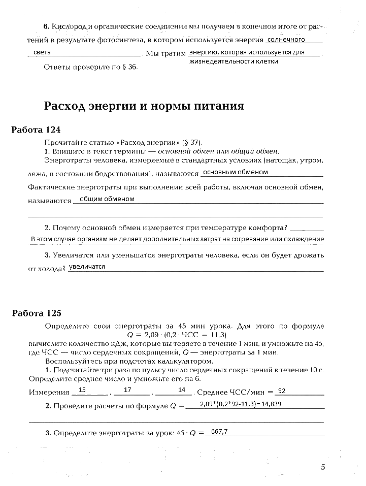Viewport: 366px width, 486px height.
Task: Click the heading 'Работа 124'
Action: tap(36, 129)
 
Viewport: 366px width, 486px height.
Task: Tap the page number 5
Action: tap(323, 467)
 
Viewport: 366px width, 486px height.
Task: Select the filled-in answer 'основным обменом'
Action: tap(235, 173)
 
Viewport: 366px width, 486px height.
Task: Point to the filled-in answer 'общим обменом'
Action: tap(107, 199)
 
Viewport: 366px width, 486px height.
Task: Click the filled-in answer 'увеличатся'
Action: tap(87, 267)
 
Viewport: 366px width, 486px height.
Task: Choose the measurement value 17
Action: tap(127, 390)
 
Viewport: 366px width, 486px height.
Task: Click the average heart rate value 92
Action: tap(283, 391)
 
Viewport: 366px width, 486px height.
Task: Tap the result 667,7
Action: tap(220, 432)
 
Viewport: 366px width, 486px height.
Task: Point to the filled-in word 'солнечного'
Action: tap(286, 39)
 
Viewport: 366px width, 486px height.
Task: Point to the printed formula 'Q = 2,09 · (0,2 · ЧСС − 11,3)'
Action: tap(177, 335)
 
